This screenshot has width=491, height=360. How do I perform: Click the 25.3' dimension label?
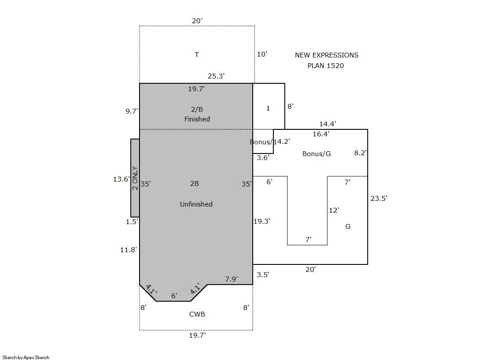[x=216, y=76]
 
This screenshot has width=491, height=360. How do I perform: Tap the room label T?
[x=197, y=55]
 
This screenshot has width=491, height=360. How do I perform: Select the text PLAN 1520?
[x=326, y=66]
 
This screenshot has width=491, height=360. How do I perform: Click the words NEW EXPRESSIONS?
[x=326, y=55]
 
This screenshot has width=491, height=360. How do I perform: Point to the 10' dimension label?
[x=262, y=54]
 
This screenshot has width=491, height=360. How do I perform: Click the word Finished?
[x=197, y=119]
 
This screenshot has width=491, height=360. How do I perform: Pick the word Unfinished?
[x=196, y=204]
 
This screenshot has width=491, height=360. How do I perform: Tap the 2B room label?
[x=194, y=183]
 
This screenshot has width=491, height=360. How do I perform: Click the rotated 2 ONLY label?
[x=135, y=178]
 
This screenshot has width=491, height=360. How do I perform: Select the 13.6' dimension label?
[x=122, y=179]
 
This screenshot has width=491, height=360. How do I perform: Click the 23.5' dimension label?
[x=379, y=198]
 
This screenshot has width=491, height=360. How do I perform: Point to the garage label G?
[x=348, y=226]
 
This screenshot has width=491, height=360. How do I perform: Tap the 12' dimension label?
[x=334, y=210]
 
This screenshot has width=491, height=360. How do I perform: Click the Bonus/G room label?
[x=316, y=154]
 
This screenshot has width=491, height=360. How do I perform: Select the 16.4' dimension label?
[x=321, y=134]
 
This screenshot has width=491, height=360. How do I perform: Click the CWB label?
[x=197, y=314]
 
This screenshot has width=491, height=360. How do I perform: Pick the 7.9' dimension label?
[x=231, y=279]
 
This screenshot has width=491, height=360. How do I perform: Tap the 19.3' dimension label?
[x=262, y=221]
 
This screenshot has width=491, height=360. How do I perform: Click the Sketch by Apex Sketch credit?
[x=26, y=357]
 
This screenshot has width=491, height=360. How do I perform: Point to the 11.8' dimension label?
[x=129, y=250]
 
